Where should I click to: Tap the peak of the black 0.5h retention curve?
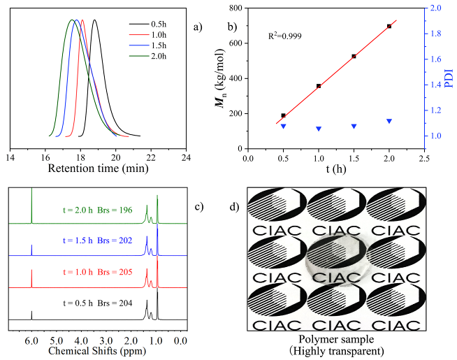click(x=94, y=20)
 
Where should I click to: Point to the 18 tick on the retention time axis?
click(x=80, y=157)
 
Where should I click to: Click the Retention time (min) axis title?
click(x=97, y=168)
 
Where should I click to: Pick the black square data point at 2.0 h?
click(x=389, y=26)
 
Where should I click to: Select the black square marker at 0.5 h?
click(x=283, y=115)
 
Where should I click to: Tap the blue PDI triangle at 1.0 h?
click(x=319, y=129)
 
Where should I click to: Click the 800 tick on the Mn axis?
click(x=235, y=8)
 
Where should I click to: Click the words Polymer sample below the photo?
click(x=338, y=340)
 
